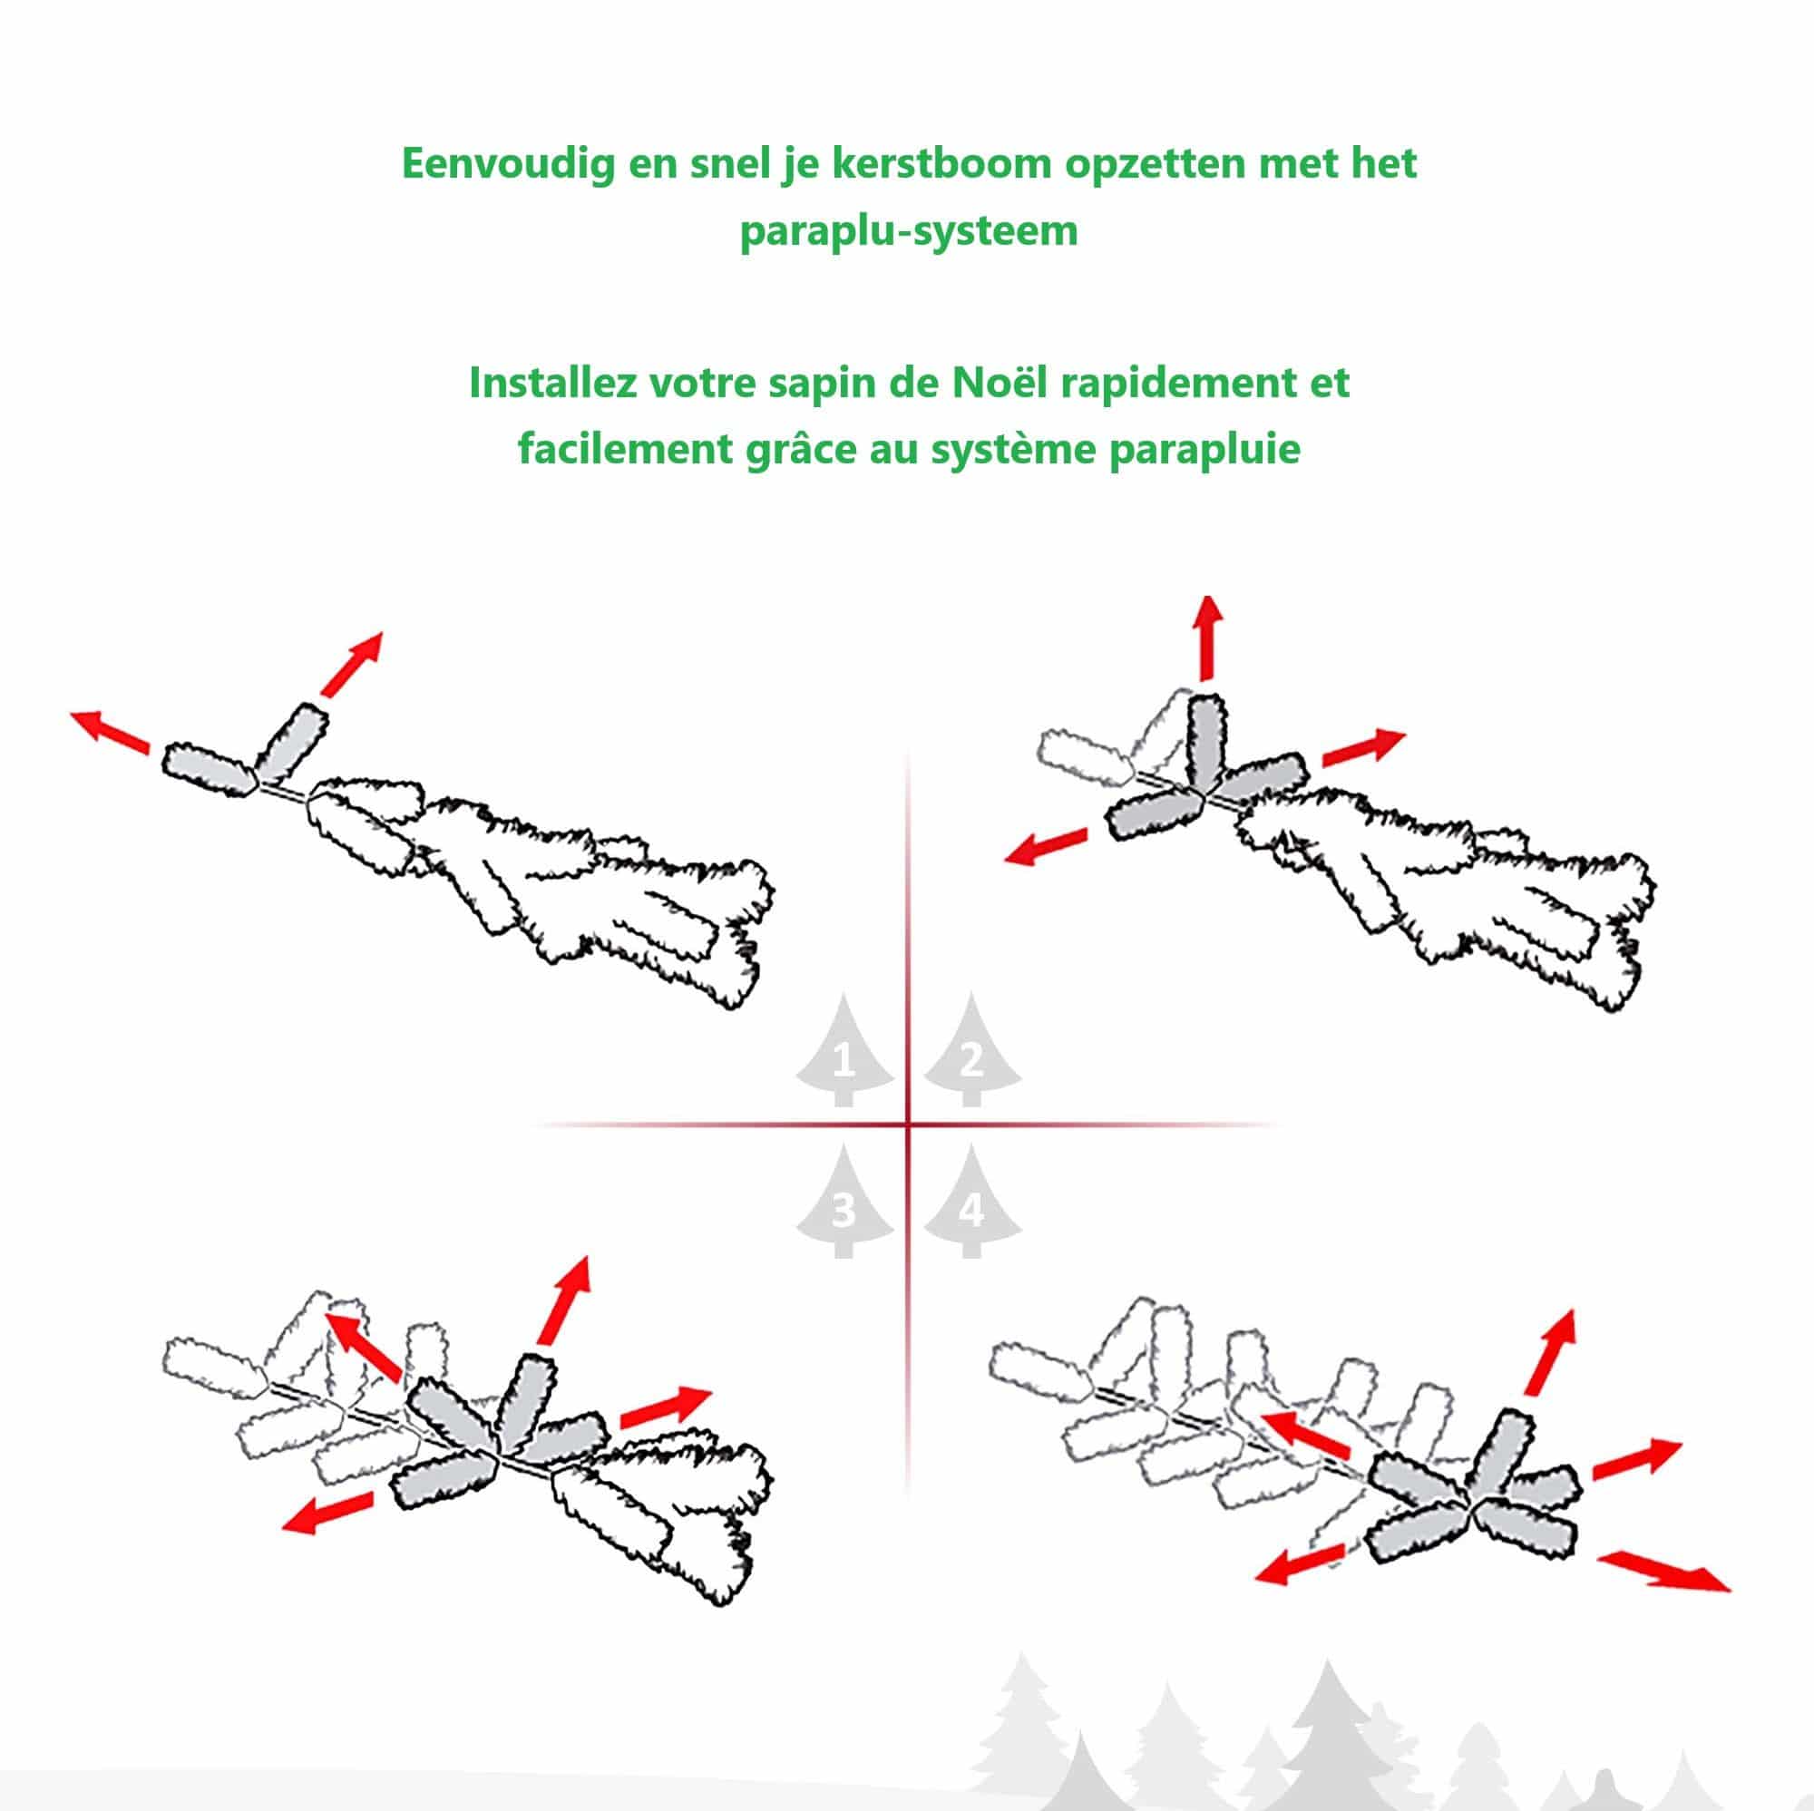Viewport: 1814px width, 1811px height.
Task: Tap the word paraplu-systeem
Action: click(908, 231)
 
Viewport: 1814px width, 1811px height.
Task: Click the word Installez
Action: click(552, 383)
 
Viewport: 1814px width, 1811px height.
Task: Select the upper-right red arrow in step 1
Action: click(353, 663)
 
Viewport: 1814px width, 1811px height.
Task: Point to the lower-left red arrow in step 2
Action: click(1046, 846)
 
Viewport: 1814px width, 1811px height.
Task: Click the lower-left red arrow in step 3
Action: click(327, 1514)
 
